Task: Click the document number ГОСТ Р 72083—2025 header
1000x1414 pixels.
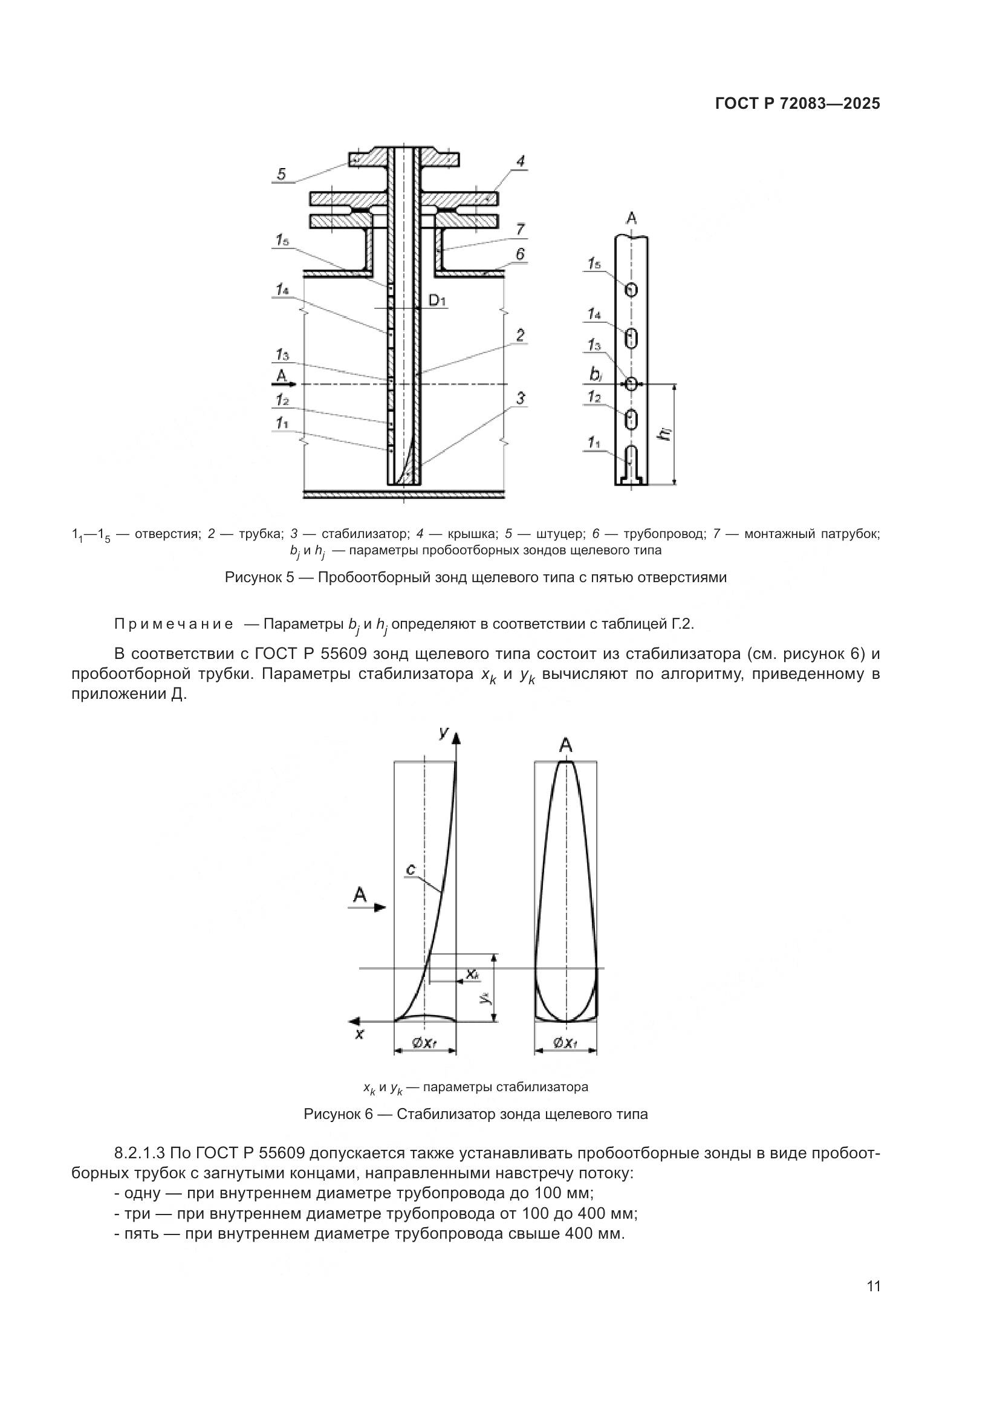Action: click(x=797, y=103)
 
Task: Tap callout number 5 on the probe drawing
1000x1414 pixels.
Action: click(x=281, y=174)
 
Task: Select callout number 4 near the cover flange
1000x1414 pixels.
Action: click(x=521, y=162)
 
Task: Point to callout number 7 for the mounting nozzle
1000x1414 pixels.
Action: click(x=521, y=230)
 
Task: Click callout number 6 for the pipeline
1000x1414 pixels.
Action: click(x=521, y=254)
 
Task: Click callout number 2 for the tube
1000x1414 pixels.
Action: click(x=521, y=336)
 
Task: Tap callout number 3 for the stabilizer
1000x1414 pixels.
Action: click(x=521, y=398)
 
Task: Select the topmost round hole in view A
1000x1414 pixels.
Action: click(x=631, y=290)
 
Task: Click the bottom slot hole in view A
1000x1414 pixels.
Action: click(x=631, y=459)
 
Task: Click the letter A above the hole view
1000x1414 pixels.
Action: click(x=631, y=218)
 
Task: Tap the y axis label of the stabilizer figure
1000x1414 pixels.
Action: click(x=443, y=731)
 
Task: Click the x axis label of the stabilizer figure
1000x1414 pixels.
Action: click(x=360, y=1034)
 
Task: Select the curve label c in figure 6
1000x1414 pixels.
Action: click(x=411, y=869)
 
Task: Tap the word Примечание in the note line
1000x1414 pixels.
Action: click(x=174, y=624)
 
